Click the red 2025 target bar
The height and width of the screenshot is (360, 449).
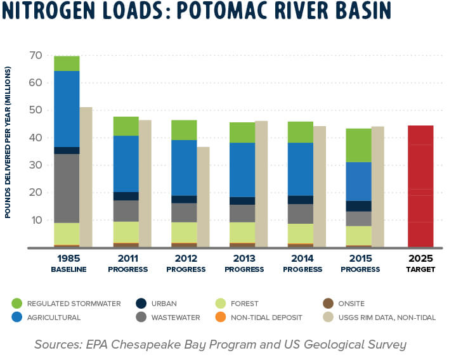tap(420, 186)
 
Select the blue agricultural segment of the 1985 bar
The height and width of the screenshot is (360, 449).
tap(67, 108)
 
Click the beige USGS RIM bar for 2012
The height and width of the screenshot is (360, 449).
tap(203, 196)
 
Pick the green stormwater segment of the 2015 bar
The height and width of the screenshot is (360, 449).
tap(358, 145)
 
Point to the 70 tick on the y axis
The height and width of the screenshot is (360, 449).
tap(35, 56)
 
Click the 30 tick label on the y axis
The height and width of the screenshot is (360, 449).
tap(35, 165)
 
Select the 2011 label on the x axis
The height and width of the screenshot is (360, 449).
tap(126, 259)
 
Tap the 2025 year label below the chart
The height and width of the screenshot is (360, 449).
tap(420, 259)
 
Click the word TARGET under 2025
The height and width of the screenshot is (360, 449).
tap(420, 269)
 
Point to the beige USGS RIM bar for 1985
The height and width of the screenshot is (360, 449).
tap(86, 177)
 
